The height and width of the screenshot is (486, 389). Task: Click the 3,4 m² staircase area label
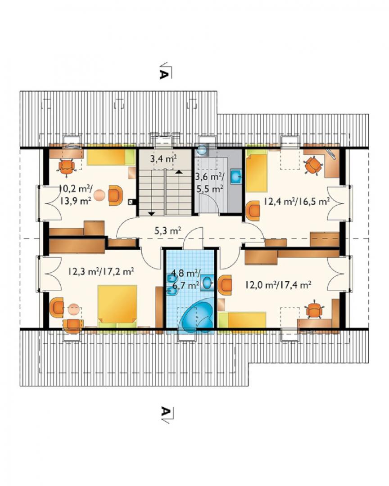[163, 159]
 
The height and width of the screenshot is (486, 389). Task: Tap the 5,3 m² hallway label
[167, 230]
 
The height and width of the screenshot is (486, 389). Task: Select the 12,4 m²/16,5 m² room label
[297, 202]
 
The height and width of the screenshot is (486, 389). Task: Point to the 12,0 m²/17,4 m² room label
[278, 285]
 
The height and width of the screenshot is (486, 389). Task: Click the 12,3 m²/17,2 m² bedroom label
[101, 272]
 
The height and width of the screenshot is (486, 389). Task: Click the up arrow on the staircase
[178, 171]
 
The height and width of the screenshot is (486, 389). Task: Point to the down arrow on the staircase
[151, 213]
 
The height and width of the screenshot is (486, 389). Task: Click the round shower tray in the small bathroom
[202, 150]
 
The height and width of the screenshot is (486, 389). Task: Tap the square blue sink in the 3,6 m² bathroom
[236, 176]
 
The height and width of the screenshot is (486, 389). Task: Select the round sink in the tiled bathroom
[208, 283]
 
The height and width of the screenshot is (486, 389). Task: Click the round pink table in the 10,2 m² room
[100, 196]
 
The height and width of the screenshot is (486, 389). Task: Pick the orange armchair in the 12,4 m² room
[253, 211]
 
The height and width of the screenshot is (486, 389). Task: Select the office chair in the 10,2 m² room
[67, 167]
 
